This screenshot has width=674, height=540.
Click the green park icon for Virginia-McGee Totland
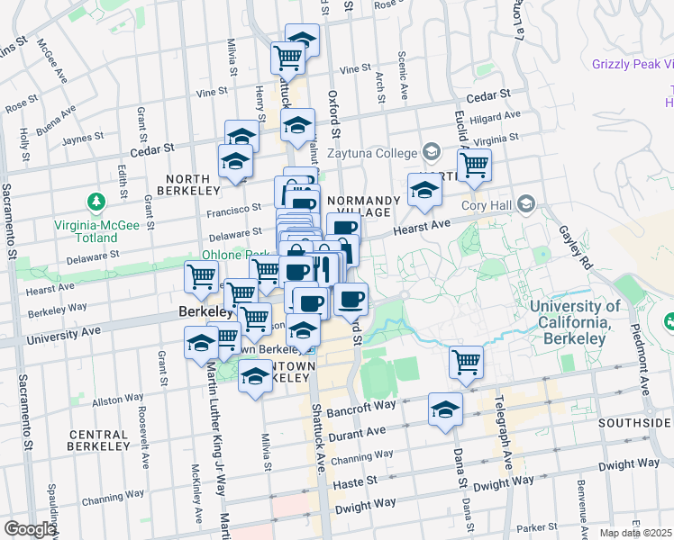tap(93, 200)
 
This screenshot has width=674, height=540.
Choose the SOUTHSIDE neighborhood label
tap(639, 422)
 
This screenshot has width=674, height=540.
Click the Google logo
tap(29, 529)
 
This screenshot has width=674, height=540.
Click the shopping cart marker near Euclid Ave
tap(473, 166)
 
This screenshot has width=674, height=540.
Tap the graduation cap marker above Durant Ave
tap(445, 410)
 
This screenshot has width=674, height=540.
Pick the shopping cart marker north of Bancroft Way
tap(467, 362)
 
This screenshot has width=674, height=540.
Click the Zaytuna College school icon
tap(431, 152)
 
